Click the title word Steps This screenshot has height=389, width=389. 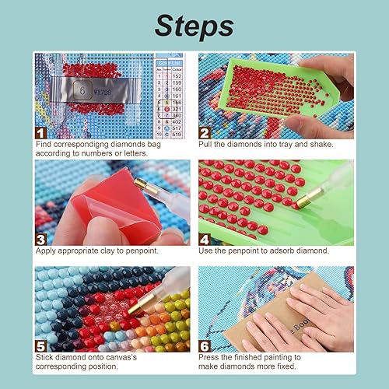[x=194, y=26]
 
